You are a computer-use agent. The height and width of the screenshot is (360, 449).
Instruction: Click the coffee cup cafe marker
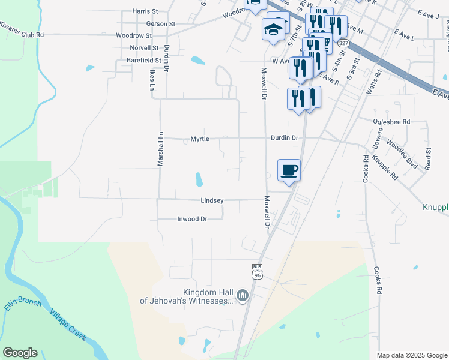tap(289, 171)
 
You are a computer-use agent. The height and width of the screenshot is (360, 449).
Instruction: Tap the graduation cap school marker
tap(274, 29)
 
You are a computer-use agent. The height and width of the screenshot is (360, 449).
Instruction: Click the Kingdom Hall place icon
tap(243, 295)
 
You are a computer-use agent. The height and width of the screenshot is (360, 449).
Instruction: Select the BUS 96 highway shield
tap(257, 271)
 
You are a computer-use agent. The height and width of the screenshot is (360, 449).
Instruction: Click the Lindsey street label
tap(212, 200)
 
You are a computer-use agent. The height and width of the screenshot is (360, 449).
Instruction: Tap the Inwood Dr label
tap(192, 219)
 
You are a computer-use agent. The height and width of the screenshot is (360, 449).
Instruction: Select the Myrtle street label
tap(200, 139)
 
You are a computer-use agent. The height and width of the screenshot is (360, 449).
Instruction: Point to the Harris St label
tap(145, 11)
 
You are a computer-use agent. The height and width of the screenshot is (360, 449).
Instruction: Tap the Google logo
tap(20, 353)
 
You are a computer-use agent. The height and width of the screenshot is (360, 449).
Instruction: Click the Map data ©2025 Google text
tap(411, 355)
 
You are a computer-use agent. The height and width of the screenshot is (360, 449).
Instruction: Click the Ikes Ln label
tap(152, 79)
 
